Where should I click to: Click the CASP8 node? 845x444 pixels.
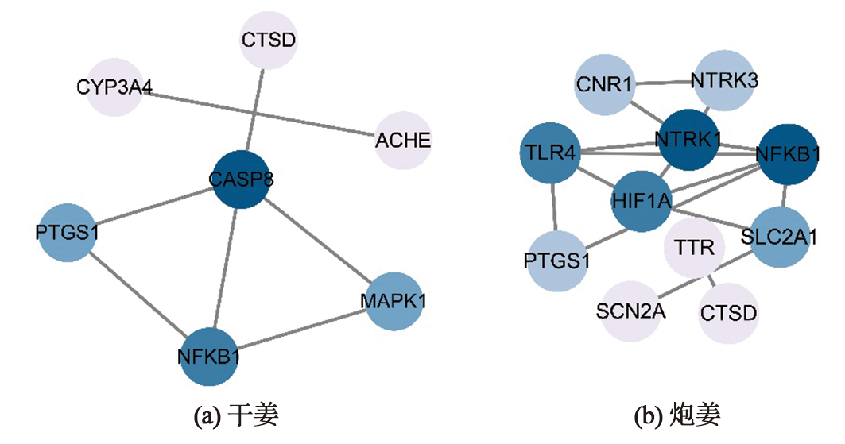[242, 180]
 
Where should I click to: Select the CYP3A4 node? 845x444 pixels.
[116, 87]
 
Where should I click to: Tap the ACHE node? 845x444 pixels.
[403, 141]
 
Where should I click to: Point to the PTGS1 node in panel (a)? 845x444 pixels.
[67, 232]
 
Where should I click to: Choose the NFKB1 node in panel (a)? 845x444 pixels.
[209, 357]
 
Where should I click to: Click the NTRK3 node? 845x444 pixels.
[723, 80]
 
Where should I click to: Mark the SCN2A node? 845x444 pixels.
[630, 310]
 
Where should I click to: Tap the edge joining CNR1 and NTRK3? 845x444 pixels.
[666, 81]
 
